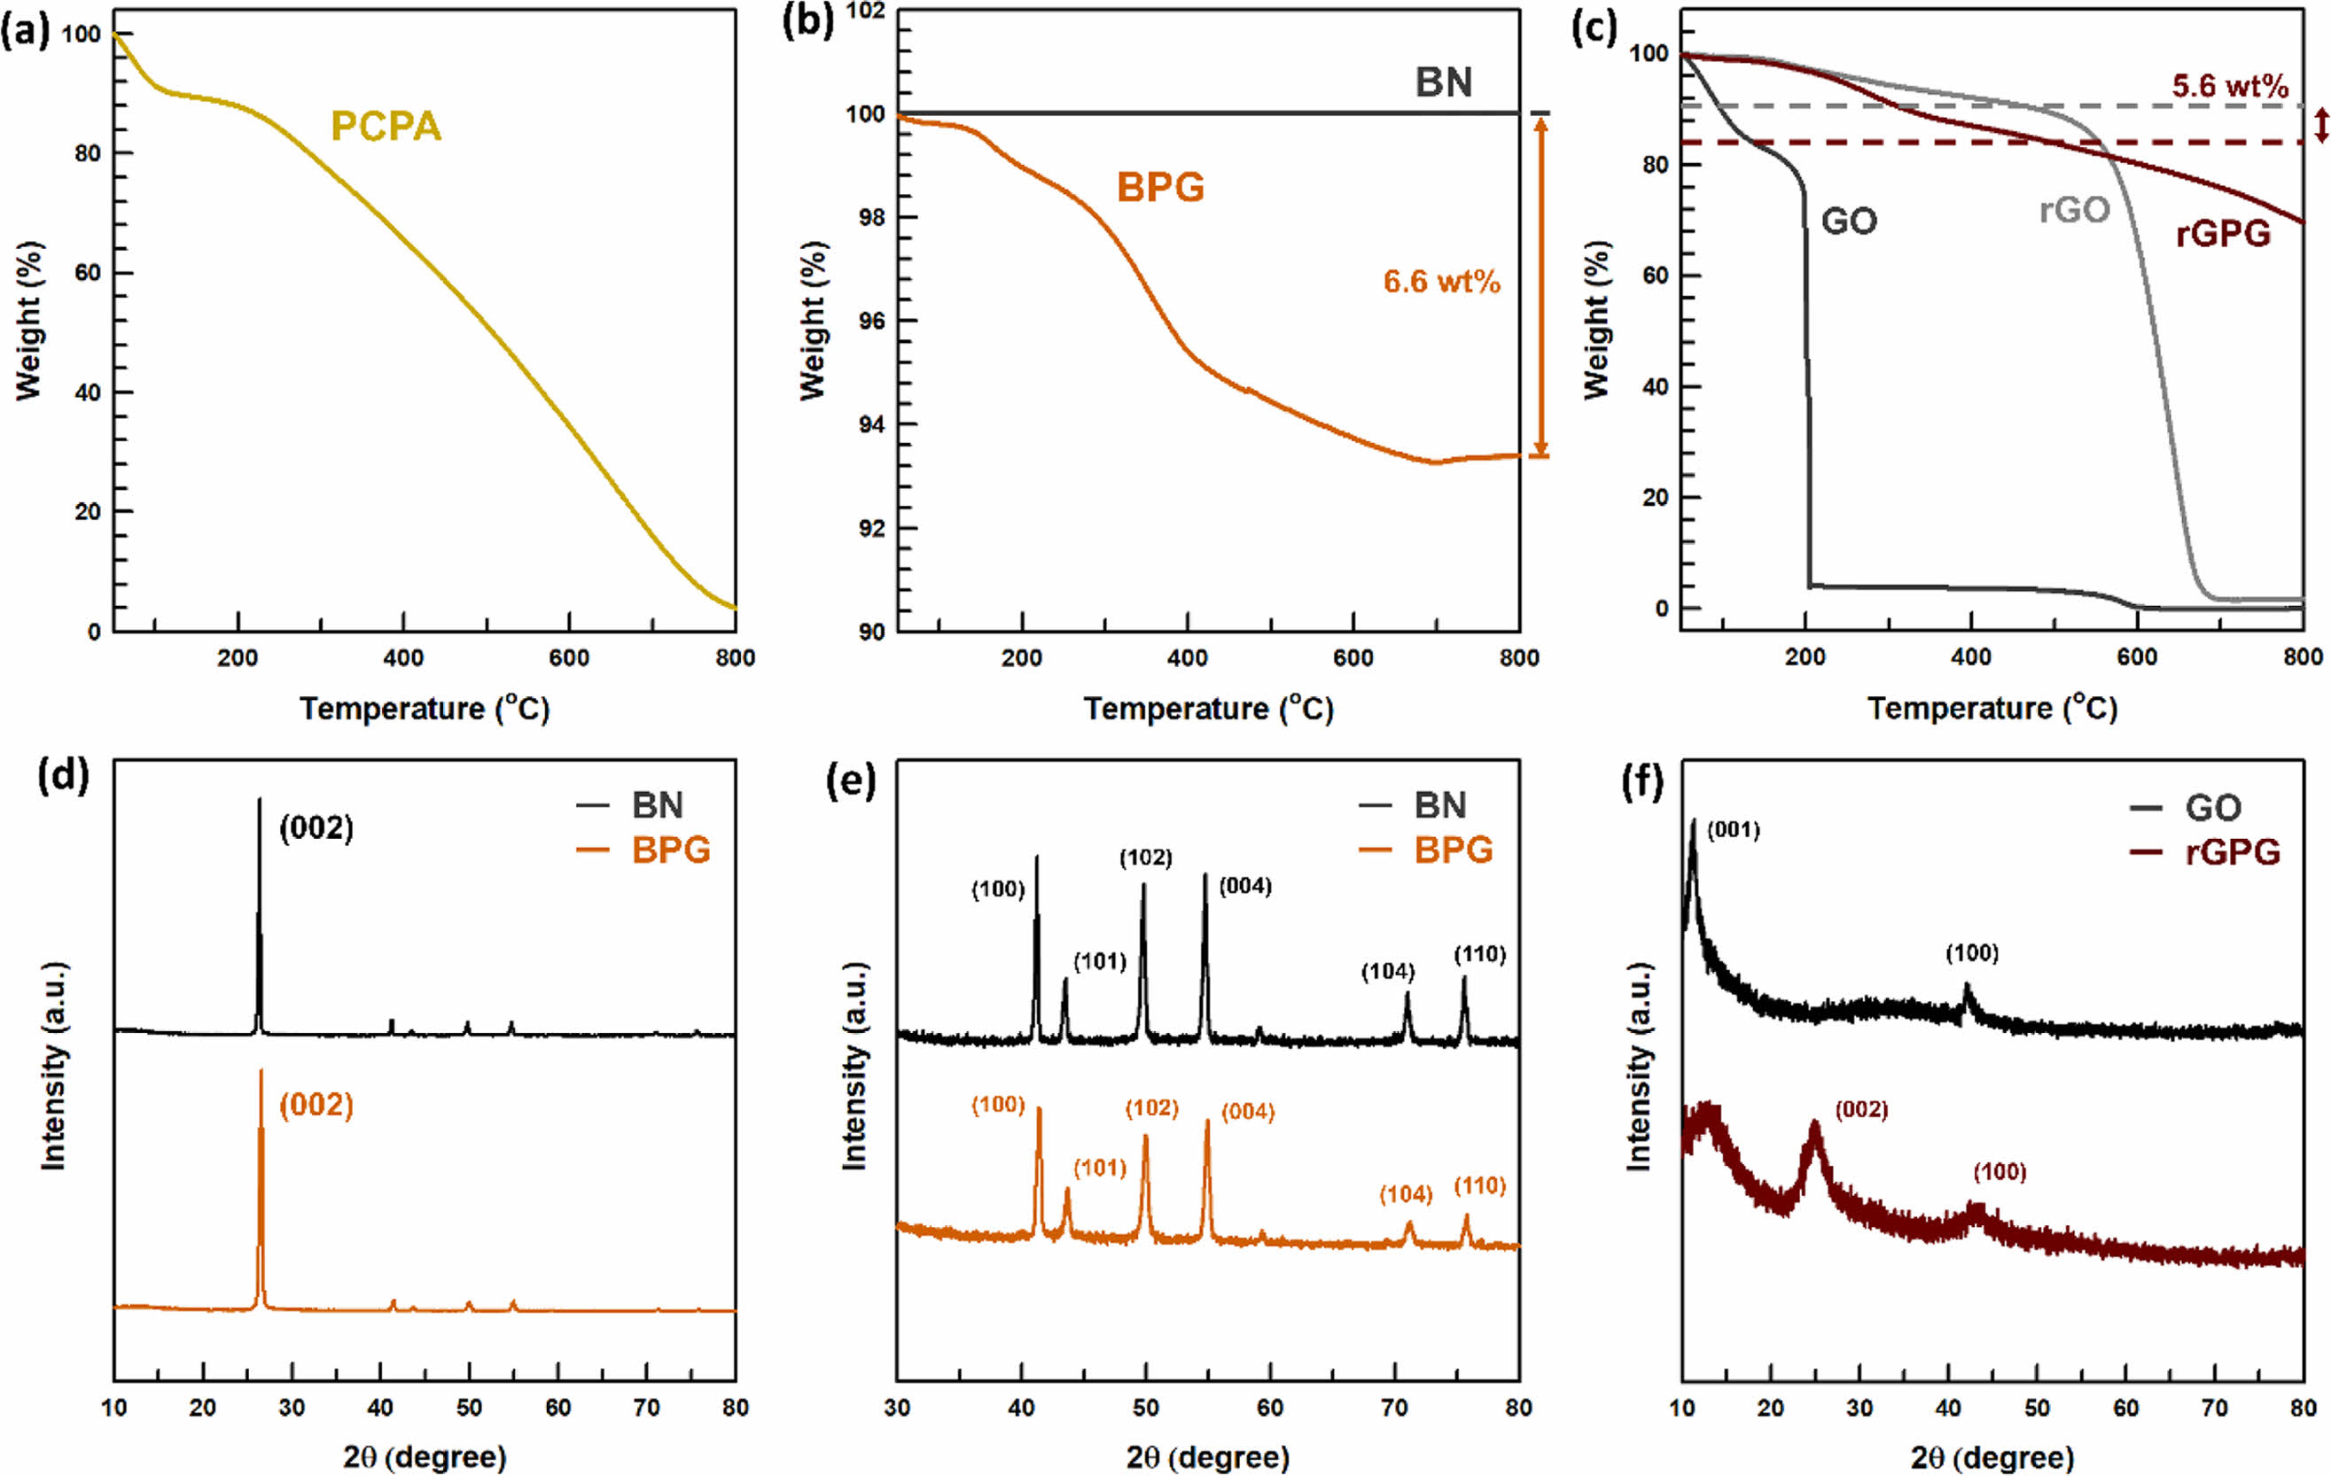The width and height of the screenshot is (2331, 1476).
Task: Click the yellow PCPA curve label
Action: [x=386, y=126]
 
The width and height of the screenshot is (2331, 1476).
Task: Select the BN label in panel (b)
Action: [x=1443, y=82]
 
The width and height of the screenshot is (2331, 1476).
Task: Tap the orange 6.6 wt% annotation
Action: [x=1441, y=282]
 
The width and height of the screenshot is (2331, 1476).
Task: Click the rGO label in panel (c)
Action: [x=2075, y=210]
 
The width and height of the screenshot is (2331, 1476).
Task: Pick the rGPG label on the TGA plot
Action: [x=2223, y=233]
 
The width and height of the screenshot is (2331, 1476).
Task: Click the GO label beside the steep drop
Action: [x=1849, y=221]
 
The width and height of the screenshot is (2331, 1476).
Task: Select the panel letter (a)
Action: [x=25, y=32]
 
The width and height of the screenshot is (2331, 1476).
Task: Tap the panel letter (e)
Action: [x=850, y=781]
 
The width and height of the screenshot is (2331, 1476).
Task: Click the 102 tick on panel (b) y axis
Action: [x=867, y=12]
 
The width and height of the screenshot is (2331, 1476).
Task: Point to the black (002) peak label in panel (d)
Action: [x=316, y=828]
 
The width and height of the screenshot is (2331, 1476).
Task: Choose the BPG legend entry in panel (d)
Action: [x=670, y=850]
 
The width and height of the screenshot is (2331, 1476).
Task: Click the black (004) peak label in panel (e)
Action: [x=1245, y=886]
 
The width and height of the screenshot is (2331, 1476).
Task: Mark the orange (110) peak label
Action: [x=1480, y=1185]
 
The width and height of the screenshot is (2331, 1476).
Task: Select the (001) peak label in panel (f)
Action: [x=1733, y=829]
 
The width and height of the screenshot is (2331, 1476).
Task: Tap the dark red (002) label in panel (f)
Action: [x=1861, y=1109]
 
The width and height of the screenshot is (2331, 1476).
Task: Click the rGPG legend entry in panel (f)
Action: [x=2232, y=851]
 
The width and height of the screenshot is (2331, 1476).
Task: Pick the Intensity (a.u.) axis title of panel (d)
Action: [x=54, y=1067]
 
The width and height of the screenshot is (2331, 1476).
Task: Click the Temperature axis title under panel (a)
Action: [x=424, y=709]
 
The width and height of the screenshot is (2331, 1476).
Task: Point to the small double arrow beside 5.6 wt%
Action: [x=2321, y=125]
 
